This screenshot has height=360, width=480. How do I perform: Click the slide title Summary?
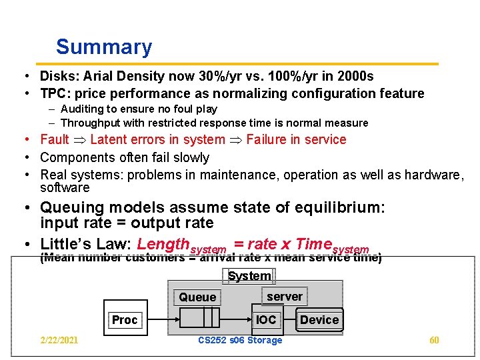pyautogui.click(x=104, y=47)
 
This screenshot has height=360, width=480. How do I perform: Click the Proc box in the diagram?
pyautogui.click(x=124, y=320)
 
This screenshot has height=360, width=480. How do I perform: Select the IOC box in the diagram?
pyautogui.click(x=266, y=320)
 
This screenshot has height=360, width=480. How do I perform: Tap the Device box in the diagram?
pyautogui.click(x=319, y=320)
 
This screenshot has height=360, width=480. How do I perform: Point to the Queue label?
pyautogui.click(x=197, y=297)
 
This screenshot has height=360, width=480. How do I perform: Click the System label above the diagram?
pyautogui.click(x=249, y=276)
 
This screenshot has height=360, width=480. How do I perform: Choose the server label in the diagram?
pyautogui.click(x=285, y=297)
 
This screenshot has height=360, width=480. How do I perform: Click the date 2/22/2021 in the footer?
pyautogui.click(x=59, y=341)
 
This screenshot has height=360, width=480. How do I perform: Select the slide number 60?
pyautogui.click(x=434, y=341)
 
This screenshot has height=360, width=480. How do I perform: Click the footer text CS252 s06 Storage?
pyautogui.click(x=241, y=341)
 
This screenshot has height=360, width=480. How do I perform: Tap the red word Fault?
pyautogui.click(x=55, y=139)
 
